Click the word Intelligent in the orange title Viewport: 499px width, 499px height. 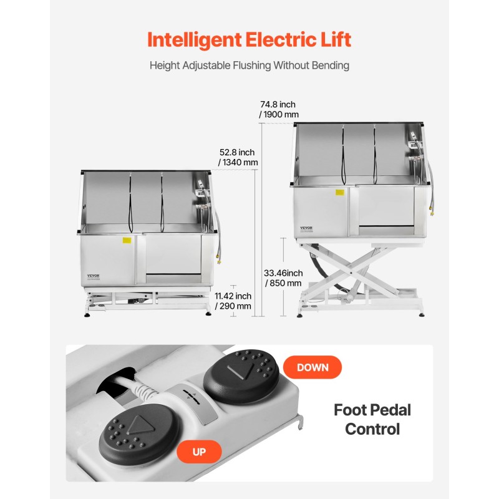click(x=195, y=40)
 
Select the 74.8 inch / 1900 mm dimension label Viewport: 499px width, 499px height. click(x=279, y=110)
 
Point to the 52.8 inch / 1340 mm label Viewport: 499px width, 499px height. click(x=238, y=158)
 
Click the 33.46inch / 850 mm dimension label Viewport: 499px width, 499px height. click(x=283, y=278)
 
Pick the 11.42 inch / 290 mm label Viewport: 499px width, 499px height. click(x=233, y=301)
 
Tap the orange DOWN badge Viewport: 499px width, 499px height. click(x=312, y=367)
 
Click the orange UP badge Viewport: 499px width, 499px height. click(x=199, y=452)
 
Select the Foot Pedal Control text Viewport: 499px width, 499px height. click(x=372, y=419)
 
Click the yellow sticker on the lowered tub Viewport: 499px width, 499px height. click(x=127, y=240)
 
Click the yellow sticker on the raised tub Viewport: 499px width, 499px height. click(x=340, y=193)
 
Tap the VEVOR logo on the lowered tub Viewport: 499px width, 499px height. click(x=93, y=276)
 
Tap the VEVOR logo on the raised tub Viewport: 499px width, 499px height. click(x=306, y=228)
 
